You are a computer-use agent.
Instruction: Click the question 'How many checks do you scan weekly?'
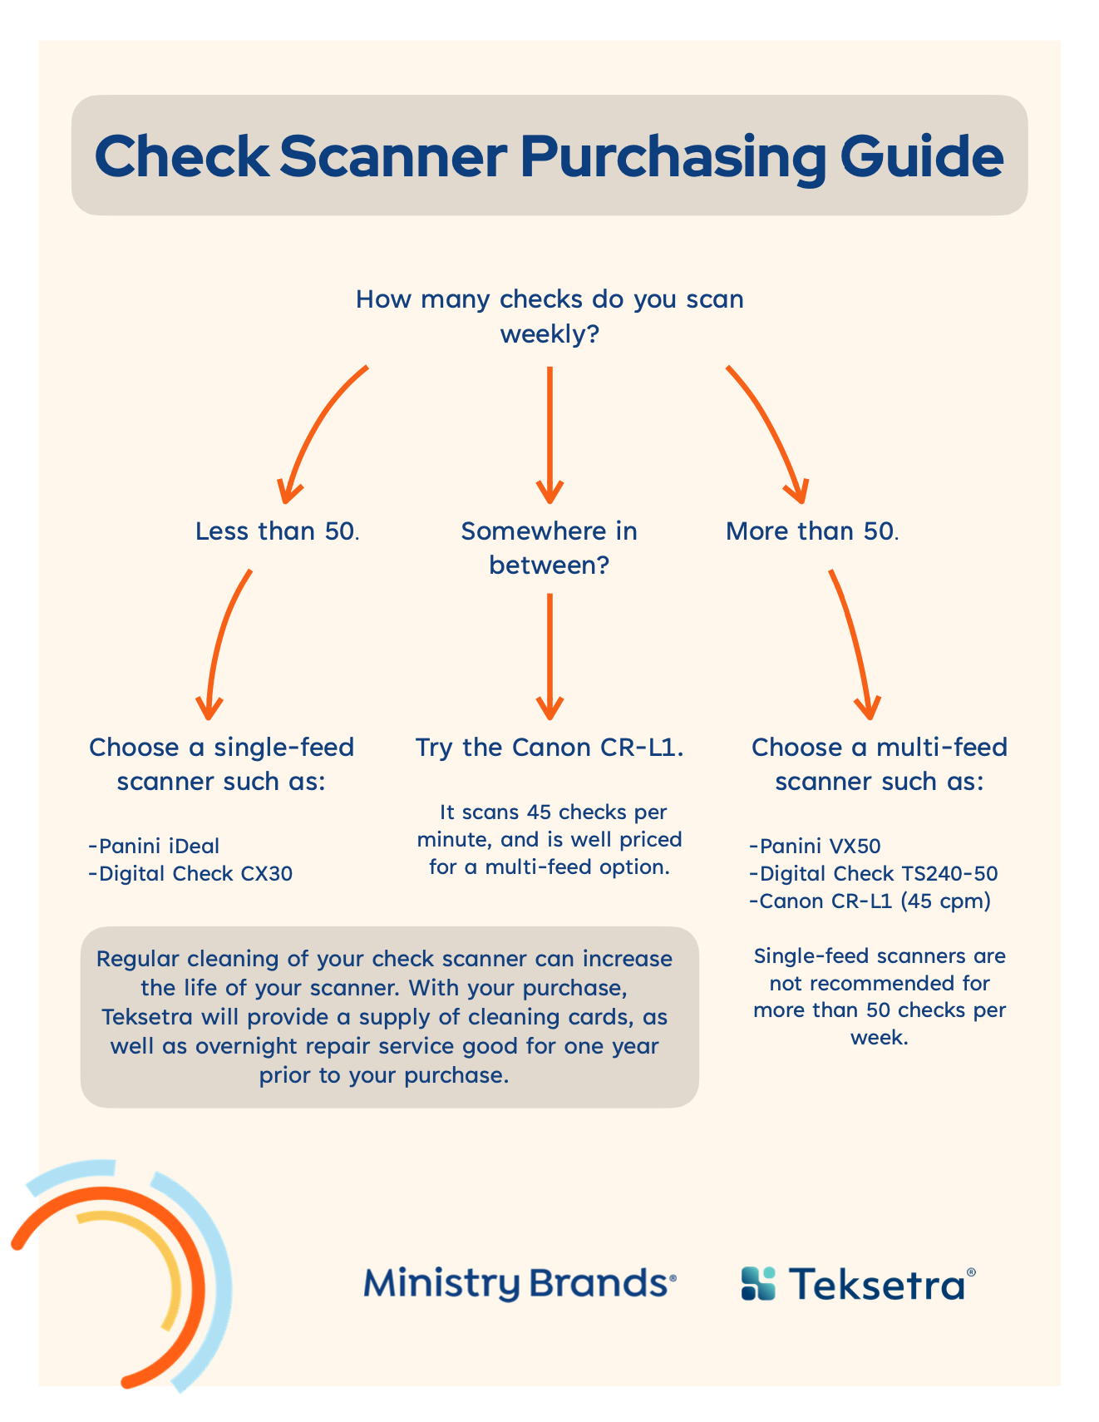pos(549,316)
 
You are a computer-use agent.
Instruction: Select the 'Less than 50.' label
pos(277,531)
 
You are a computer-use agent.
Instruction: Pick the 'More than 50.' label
pos(812,531)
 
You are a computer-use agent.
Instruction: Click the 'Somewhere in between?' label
pos(549,547)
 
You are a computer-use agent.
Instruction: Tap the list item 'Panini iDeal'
pos(154,846)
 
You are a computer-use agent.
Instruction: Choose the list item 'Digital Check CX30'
pos(190,873)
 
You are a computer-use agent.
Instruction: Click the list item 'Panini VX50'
pos(815,846)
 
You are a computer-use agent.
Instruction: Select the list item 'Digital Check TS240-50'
pos(873,873)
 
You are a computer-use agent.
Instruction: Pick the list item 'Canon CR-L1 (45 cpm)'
pos(870,901)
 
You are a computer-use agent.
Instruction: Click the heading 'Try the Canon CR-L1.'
pos(549,747)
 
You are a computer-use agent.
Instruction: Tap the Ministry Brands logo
pos(520,1284)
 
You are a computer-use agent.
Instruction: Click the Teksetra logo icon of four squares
pos(757,1283)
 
